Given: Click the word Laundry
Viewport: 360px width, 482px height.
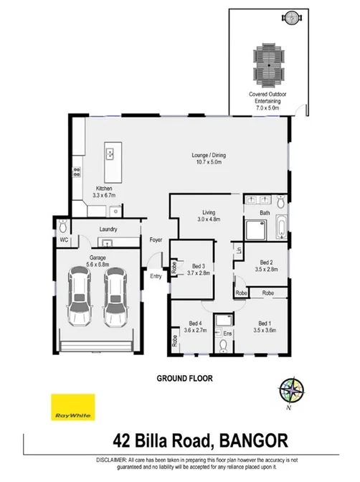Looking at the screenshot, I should click(109, 230).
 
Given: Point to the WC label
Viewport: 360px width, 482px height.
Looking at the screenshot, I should click(63, 240).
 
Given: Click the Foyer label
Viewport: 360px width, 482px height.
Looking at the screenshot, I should click(156, 240).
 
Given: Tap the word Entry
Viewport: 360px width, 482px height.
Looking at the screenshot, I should click(156, 275).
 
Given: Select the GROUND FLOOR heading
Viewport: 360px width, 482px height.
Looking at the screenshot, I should click(184, 377).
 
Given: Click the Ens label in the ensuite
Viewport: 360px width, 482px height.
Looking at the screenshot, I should click(227, 334).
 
